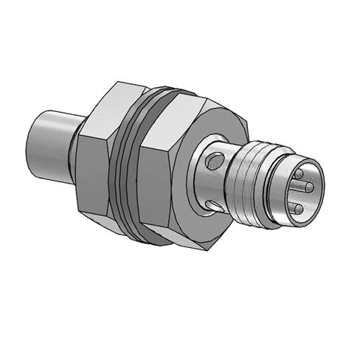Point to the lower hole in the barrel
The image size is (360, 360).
click(x=212, y=204)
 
